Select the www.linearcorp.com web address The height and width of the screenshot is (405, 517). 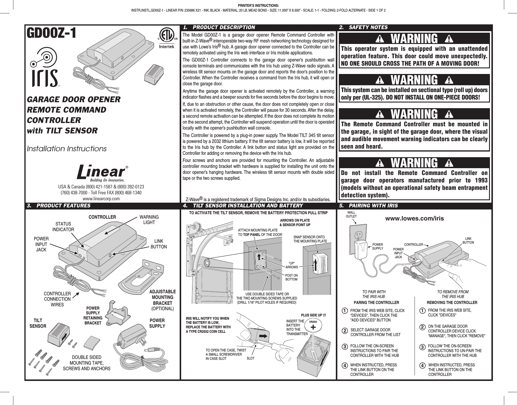coord(101,198)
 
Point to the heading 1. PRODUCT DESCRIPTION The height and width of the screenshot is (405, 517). coord(219,27)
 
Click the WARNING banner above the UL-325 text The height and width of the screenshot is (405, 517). coord(414,80)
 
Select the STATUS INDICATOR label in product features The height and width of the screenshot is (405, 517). coord(63,226)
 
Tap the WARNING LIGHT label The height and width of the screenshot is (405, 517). coord(149,220)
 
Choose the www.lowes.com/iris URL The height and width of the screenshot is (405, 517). coord(414,218)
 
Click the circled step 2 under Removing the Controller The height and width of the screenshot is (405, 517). coord(422,327)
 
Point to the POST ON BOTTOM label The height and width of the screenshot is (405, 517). coord(291,278)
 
